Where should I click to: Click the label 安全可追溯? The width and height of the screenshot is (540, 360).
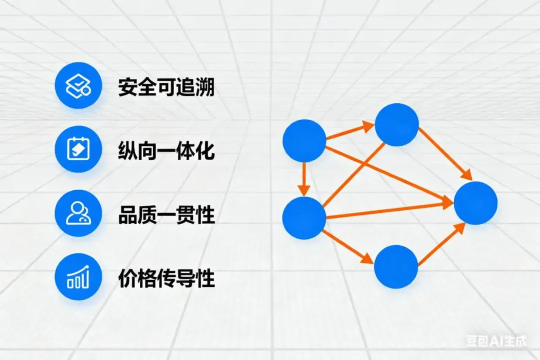tap(166, 87)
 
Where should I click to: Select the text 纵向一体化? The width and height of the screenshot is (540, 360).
tap(166, 150)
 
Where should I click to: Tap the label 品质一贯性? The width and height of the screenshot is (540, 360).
tap(166, 215)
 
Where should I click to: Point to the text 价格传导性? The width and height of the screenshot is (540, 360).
tap(166, 278)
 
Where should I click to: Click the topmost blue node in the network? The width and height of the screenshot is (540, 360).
tap(396, 125)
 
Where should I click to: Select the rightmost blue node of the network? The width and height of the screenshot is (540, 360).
tap(475, 203)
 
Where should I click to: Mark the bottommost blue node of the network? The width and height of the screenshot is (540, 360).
tap(396, 266)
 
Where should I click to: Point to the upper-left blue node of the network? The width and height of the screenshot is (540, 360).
tap(304, 140)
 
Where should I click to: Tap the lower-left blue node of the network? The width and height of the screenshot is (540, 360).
tap(304, 217)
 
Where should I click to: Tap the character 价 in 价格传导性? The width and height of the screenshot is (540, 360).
tap(127, 278)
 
